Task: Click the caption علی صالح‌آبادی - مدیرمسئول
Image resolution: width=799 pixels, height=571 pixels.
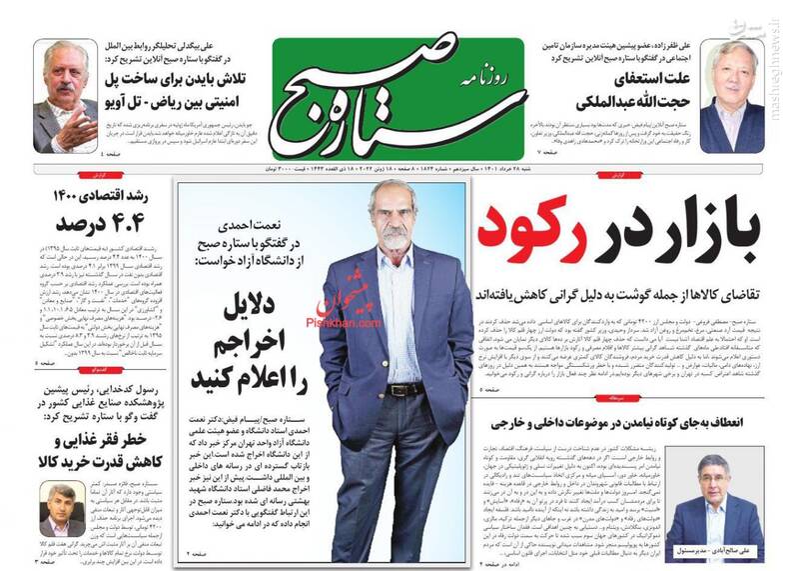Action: click(713, 550)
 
